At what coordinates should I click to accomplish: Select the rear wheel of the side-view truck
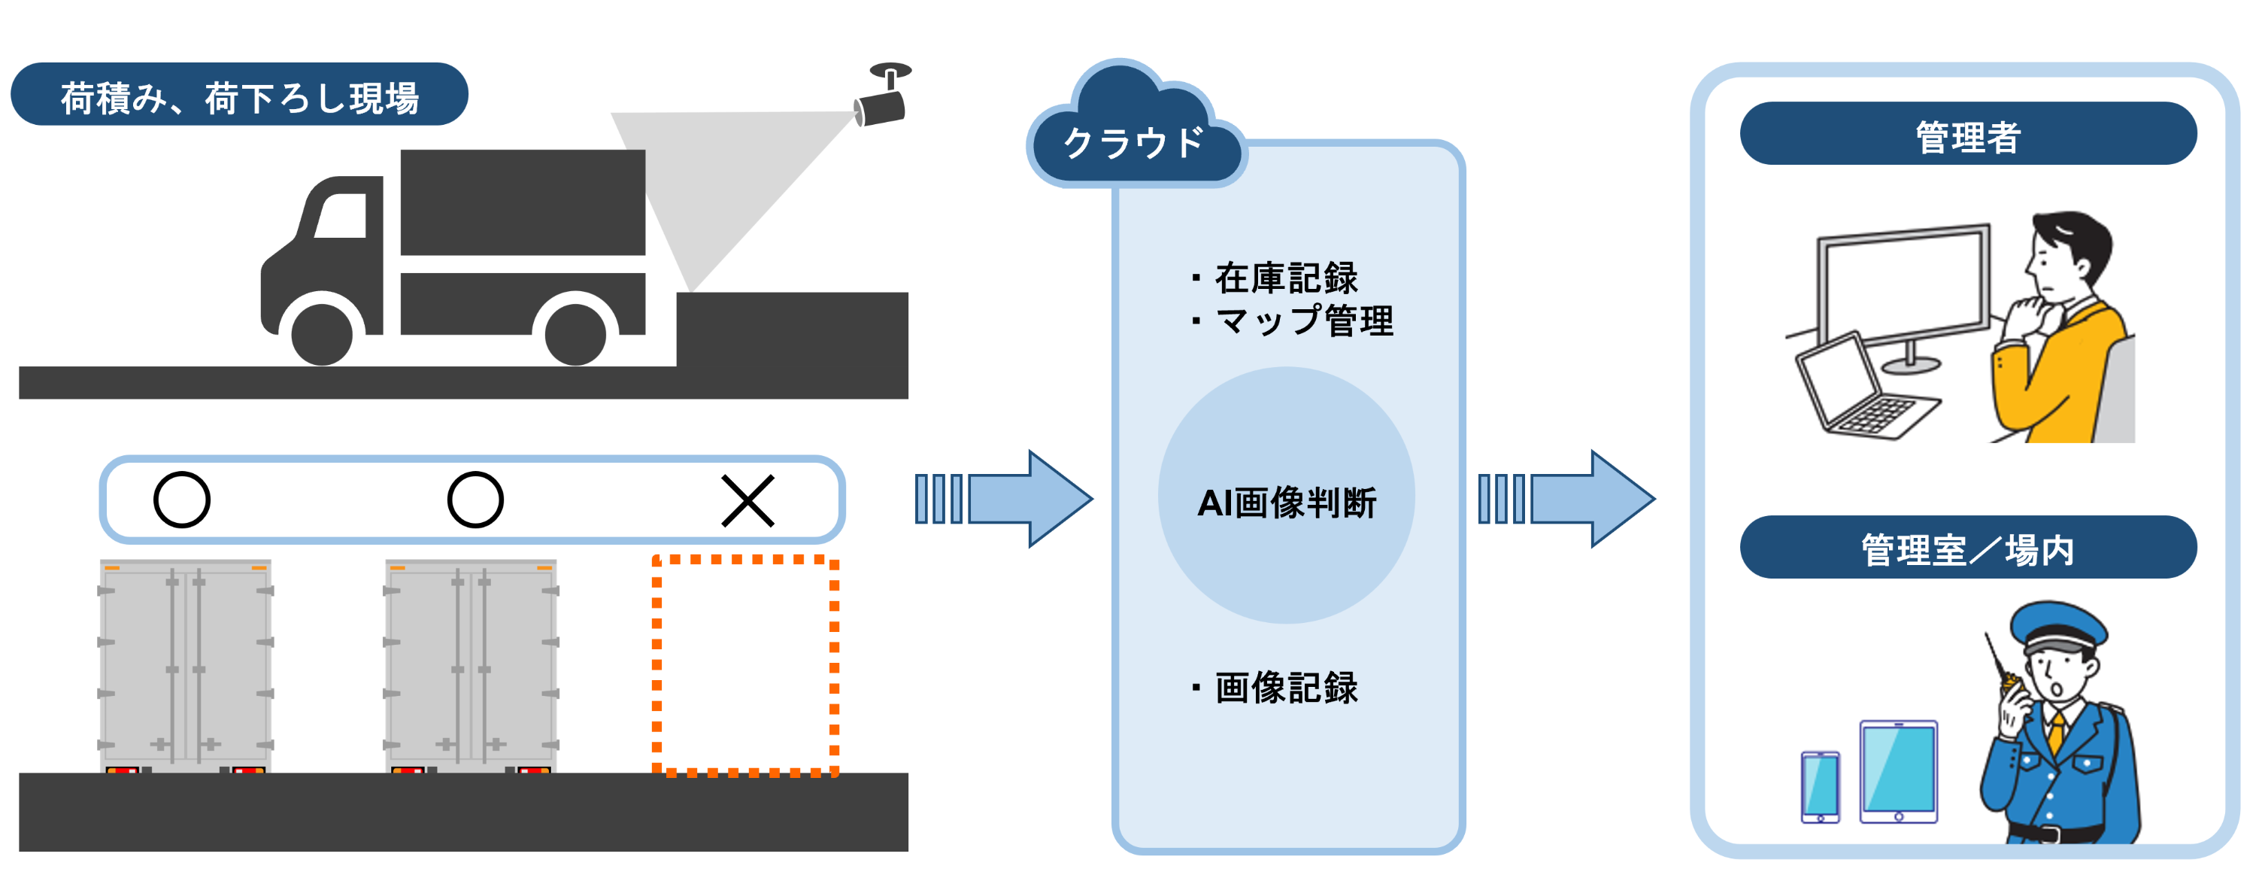[575, 333]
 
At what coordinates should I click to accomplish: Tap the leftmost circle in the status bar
[182, 500]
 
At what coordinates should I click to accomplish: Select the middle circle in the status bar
[475, 500]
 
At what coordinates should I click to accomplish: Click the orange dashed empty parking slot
[745, 666]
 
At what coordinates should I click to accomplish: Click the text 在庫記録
[1286, 278]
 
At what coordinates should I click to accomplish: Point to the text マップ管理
[1304, 321]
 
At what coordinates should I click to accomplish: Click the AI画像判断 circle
[1286, 496]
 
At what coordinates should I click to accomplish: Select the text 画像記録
[1286, 688]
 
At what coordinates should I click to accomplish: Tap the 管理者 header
[1968, 134]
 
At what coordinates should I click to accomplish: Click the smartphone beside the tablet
[1821, 786]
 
